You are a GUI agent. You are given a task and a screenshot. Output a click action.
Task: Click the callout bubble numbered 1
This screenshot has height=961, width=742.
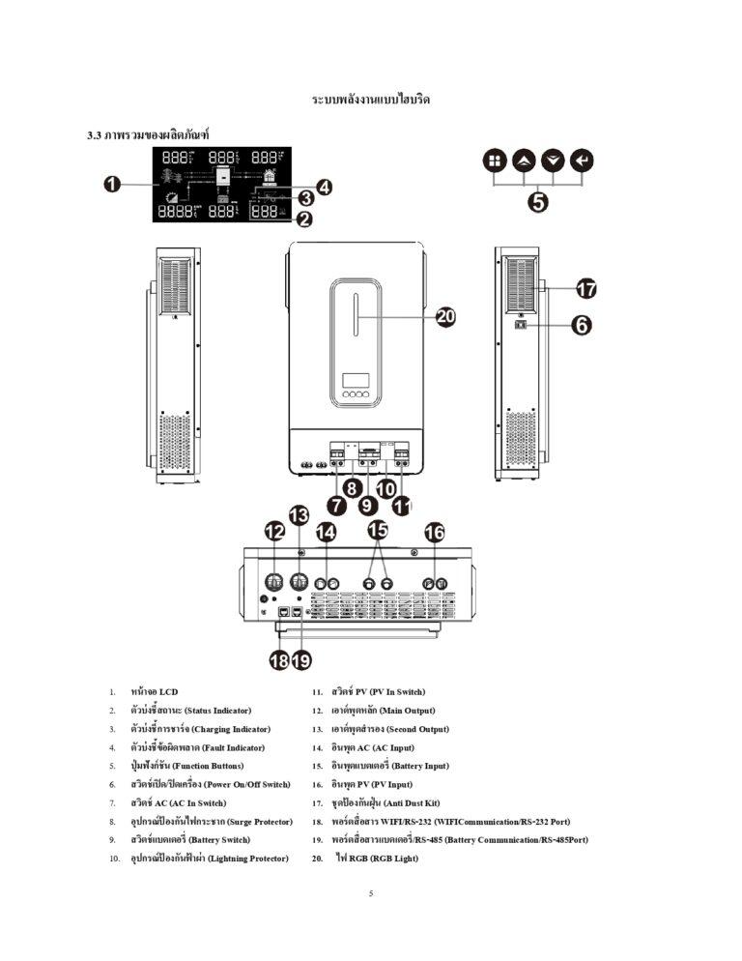tap(112, 185)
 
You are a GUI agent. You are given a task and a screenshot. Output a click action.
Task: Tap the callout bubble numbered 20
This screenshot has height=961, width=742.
tap(445, 318)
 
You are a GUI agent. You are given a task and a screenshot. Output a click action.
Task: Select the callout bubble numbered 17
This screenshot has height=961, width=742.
tap(586, 288)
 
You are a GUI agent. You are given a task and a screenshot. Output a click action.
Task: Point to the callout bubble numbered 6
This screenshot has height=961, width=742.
tap(582, 326)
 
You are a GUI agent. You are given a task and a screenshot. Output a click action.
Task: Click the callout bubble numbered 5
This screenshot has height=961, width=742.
tap(538, 201)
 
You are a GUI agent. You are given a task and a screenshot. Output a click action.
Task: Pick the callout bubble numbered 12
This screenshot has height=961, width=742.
tap(275, 531)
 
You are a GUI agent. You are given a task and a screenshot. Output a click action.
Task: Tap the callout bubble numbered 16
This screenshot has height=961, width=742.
tap(435, 531)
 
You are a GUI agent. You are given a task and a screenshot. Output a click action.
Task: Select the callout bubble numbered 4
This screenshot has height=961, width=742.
tap(324, 187)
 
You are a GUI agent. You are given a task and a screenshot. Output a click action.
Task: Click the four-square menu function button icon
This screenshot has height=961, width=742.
tap(494, 160)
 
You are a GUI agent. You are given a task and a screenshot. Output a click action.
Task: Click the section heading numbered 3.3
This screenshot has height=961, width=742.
tap(148, 131)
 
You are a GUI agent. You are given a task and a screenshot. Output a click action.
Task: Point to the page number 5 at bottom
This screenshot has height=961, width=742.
tap(371, 893)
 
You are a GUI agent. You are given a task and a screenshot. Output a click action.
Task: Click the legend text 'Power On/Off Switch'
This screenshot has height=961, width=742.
tap(245, 784)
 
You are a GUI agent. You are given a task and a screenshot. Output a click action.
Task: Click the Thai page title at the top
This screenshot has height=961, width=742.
tap(371, 100)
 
